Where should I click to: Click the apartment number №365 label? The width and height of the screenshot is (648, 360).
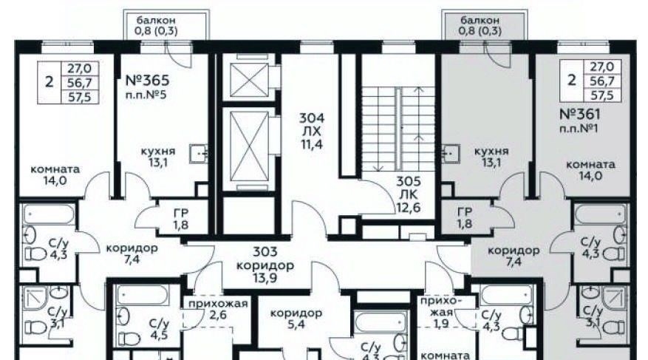[x=148, y=80]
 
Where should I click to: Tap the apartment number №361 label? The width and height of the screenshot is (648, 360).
[x=580, y=114]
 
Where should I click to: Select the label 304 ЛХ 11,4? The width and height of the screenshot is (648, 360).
[x=312, y=132]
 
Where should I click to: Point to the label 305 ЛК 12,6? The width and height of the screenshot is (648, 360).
[x=409, y=194]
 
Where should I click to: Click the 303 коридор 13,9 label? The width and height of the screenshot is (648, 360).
[x=265, y=265]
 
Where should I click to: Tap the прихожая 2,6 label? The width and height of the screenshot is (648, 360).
[x=218, y=310]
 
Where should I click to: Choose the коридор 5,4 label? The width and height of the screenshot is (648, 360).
[x=296, y=319]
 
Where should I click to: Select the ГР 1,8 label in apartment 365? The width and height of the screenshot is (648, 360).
[x=181, y=219]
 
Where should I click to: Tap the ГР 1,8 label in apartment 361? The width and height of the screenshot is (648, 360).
[x=465, y=218]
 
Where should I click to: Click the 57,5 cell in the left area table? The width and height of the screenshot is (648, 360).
[x=80, y=97]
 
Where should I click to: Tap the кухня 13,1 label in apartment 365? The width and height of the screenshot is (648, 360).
[x=158, y=157]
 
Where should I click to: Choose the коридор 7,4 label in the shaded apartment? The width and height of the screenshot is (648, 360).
[x=514, y=256]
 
